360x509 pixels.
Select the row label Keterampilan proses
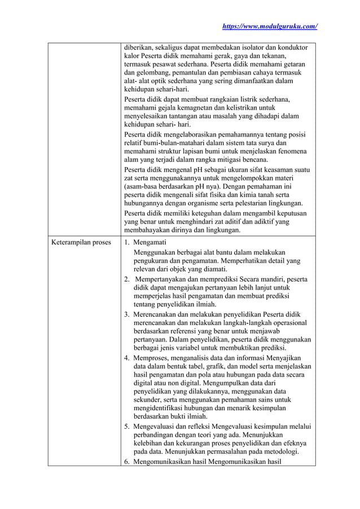81,243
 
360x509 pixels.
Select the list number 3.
127,314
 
